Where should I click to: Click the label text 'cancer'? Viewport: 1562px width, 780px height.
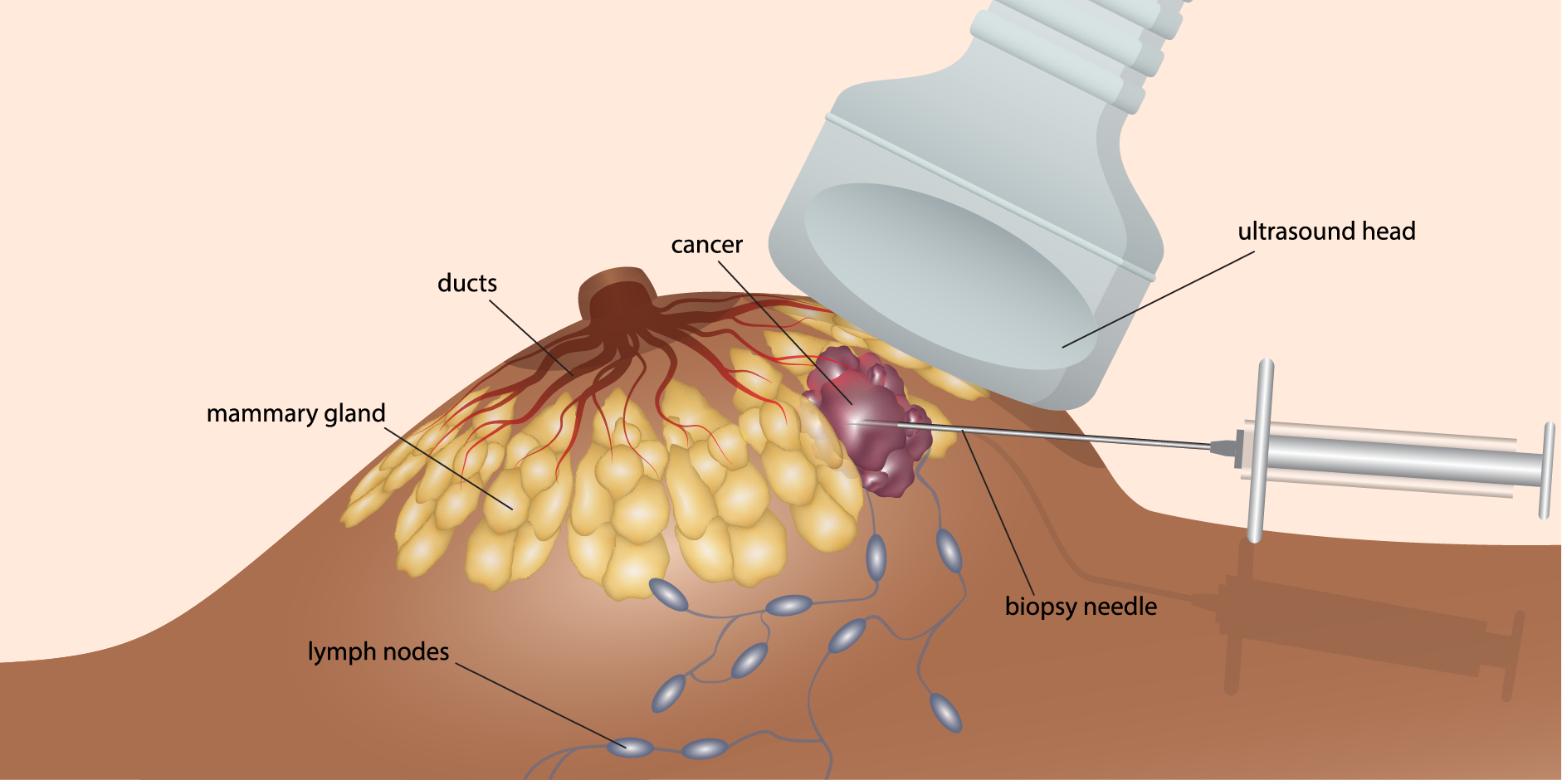[x=706, y=245]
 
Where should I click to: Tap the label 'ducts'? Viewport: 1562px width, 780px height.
[x=466, y=283]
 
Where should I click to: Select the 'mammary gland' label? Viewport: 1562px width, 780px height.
[x=295, y=413]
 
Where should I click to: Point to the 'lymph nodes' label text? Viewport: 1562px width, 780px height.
[x=378, y=651]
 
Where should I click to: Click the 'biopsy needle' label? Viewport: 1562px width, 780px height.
[x=1081, y=607]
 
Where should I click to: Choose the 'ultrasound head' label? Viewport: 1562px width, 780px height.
[x=1326, y=232]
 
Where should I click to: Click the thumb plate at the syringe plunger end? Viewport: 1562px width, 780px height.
[x=1547, y=470]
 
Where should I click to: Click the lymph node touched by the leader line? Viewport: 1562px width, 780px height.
[x=628, y=747]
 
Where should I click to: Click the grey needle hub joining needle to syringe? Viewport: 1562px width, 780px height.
[x=1223, y=447]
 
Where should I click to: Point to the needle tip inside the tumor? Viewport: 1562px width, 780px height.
[x=855, y=422]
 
